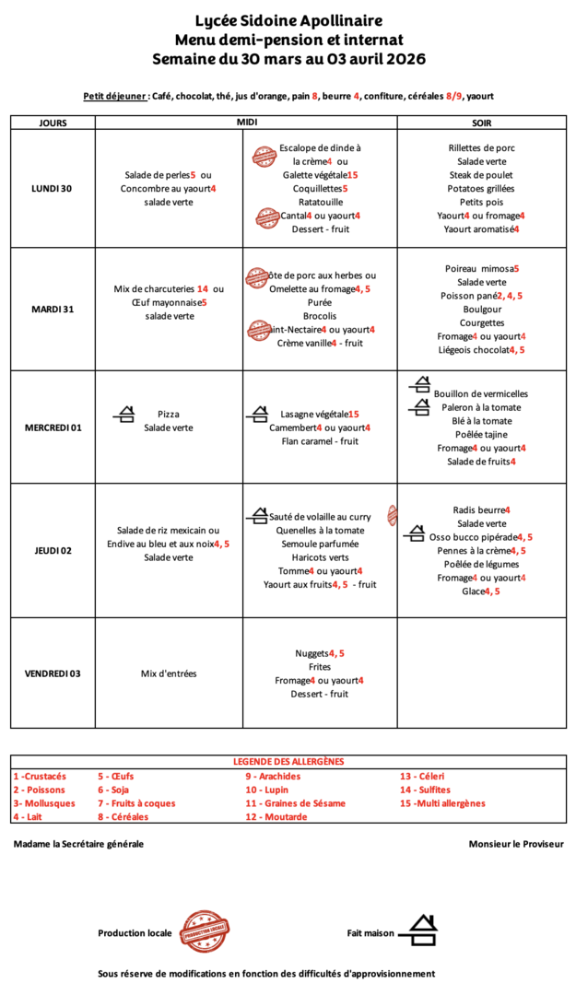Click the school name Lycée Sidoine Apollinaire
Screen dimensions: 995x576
(288, 20)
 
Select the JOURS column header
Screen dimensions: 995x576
(53, 123)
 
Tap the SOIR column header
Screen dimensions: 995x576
(481, 123)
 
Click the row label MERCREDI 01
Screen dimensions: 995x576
(53, 427)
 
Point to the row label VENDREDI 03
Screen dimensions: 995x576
(53, 673)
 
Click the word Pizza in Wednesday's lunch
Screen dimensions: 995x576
(169, 415)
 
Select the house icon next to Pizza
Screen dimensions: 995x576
(124, 415)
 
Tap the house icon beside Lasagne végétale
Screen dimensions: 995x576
(257, 415)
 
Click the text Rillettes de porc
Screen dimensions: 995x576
(481, 147)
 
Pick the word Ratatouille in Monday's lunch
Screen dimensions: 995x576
(320, 202)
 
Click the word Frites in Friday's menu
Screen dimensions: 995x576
(320, 666)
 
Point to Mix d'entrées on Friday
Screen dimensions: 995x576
(169, 673)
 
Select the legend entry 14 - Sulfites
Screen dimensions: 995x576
(425, 790)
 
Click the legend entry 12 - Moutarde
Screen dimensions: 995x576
(276, 816)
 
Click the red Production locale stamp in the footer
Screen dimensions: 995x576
(204, 931)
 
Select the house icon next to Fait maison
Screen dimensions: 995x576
(423, 930)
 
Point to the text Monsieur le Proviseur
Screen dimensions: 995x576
(516, 844)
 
